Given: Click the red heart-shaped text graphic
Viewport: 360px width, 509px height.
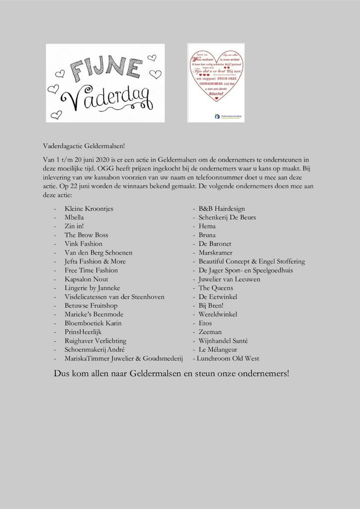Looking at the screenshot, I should pyautogui.click(x=216, y=75).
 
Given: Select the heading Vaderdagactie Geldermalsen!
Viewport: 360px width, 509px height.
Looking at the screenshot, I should pyautogui.click(x=84, y=146).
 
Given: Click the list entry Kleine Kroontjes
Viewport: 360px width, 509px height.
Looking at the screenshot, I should pyautogui.click(x=89, y=209).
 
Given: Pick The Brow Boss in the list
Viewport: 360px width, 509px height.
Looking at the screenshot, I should pyautogui.click(x=86, y=235).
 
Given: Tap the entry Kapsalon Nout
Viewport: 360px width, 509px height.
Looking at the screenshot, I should pyautogui.click(x=86, y=279).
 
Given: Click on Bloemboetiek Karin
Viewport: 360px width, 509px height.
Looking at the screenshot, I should pyautogui.click(x=93, y=323).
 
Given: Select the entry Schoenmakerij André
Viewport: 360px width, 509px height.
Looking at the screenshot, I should pyautogui.click(x=94, y=349).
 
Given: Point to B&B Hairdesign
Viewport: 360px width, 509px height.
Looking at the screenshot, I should pyautogui.click(x=222, y=209).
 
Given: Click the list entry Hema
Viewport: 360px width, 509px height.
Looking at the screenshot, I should pyautogui.click(x=207, y=226).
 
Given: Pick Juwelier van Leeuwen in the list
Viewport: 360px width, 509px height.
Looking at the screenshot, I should pyautogui.click(x=229, y=279).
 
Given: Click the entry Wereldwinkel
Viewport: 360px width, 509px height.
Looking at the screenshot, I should pyautogui.click(x=218, y=314).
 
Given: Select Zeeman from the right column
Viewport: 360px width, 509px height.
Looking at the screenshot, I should pyautogui.click(x=210, y=332).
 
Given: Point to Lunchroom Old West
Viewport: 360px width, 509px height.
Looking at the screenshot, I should pyautogui.click(x=228, y=358).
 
